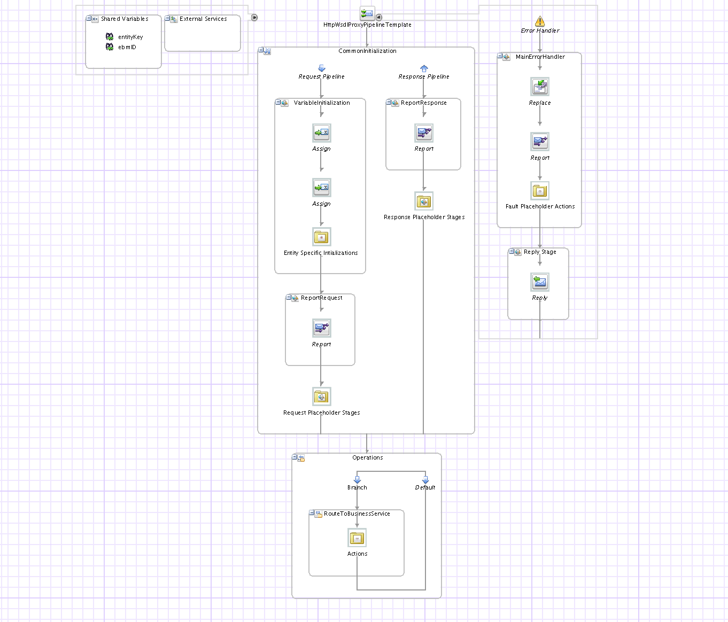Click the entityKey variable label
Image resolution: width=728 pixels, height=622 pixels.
tap(130, 37)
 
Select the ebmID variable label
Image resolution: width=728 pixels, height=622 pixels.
tap(127, 47)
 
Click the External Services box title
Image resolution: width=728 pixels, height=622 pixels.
tap(203, 19)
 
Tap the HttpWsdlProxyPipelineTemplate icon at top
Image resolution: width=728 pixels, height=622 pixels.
tap(367, 13)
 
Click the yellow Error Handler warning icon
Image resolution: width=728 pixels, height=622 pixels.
tap(540, 21)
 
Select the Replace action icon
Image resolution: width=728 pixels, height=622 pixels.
tap(540, 87)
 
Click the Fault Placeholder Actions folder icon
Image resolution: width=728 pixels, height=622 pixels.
tap(540, 191)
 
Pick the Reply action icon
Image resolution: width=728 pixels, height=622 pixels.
tap(540, 282)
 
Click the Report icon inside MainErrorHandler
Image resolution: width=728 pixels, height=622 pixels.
tap(540, 142)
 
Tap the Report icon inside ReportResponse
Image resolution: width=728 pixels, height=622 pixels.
tap(424, 133)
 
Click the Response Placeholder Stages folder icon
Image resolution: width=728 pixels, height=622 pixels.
tap(424, 201)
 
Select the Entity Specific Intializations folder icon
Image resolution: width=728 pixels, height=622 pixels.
tap(321, 237)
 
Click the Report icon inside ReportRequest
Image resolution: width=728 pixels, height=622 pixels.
tap(321, 328)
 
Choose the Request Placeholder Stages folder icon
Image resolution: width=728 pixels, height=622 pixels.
tap(321, 396)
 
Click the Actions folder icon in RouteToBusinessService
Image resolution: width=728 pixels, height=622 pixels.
tap(357, 538)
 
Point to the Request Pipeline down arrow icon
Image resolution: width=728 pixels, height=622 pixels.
tap(322, 68)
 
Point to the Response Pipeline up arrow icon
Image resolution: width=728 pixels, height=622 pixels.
tap(424, 68)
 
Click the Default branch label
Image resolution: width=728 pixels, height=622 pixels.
tap(425, 487)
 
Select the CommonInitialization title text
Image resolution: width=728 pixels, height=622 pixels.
tap(367, 51)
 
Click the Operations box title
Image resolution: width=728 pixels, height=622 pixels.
tap(367, 457)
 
